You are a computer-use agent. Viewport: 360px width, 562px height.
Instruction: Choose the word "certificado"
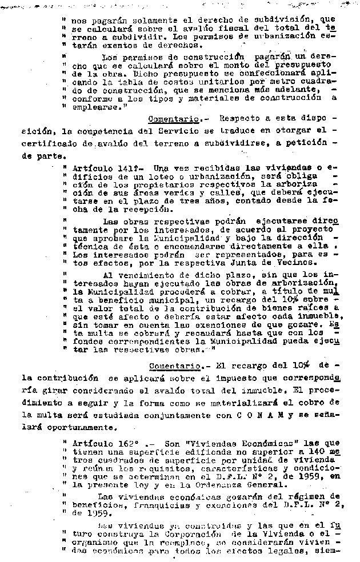[47, 143]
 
